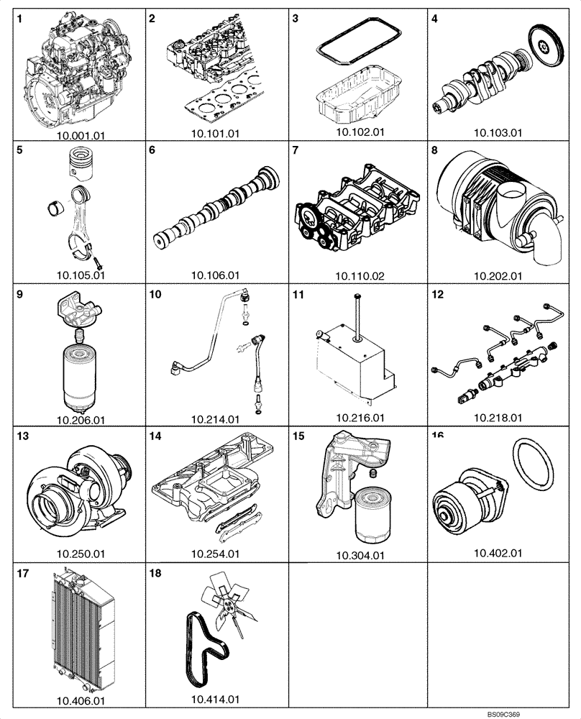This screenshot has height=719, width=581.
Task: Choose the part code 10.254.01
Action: pos(216,554)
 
